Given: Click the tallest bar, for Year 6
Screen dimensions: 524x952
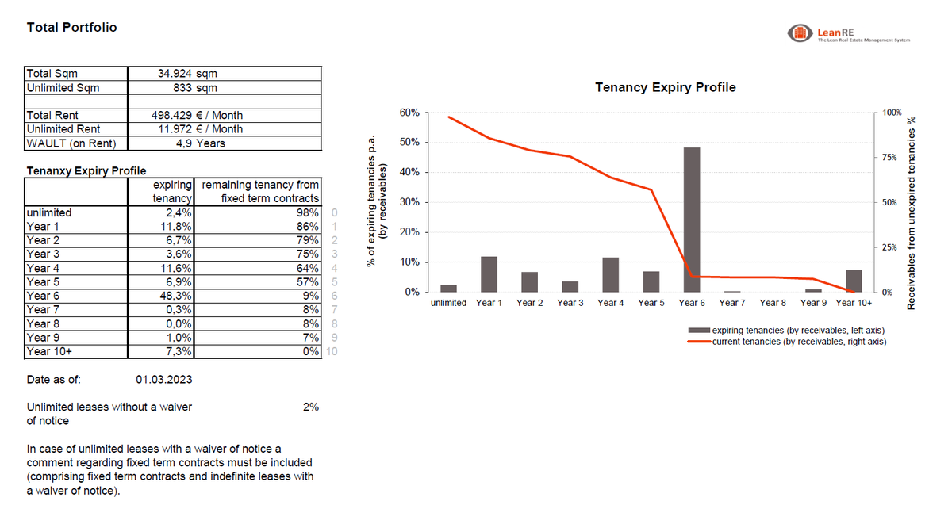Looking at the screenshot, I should (x=692, y=220).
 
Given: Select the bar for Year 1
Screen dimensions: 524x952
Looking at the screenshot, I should (x=489, y=274).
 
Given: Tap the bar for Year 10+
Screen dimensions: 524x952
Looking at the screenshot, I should (x=854, y=281).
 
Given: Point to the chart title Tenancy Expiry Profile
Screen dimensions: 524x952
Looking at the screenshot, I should (x=665, y=87).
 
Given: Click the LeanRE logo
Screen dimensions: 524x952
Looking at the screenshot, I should (x=797, y=33).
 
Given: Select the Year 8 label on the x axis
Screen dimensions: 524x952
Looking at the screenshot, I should (x=773, y=303).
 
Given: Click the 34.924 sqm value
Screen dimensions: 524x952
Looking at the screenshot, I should (x=187, y=74).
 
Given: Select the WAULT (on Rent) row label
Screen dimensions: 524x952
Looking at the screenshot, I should (x=71, y=143).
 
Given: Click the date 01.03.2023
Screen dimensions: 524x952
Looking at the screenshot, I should (x=163, y=380).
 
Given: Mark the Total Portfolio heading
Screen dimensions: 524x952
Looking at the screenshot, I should (x=71, y=27).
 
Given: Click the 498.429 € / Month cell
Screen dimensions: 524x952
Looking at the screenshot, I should (x=197, y=116).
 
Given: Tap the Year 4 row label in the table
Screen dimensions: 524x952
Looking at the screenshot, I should (x=44, y=268).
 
